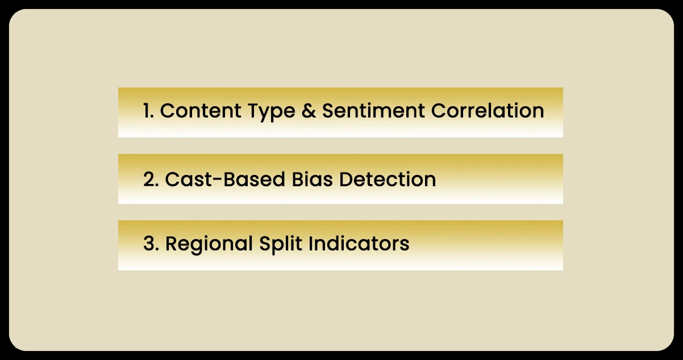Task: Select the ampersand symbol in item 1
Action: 308,111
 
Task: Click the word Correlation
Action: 488,111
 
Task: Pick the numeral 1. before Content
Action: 148,111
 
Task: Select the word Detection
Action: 388,179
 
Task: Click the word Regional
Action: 209,244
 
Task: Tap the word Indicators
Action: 359,244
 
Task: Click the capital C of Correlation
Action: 438,111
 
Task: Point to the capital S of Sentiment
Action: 329,111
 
